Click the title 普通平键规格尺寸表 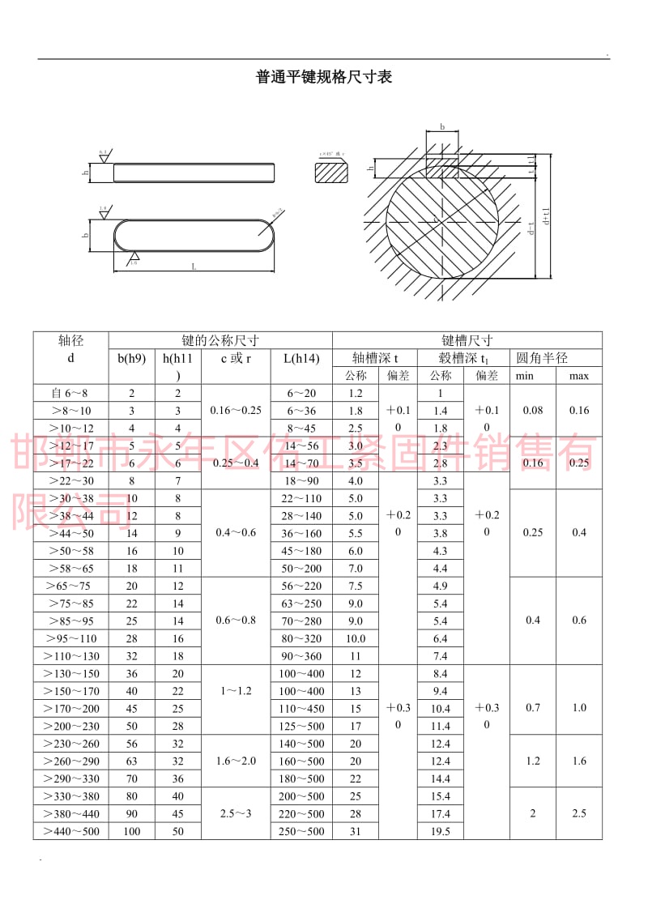point(324,78)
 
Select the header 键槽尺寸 point(467,340)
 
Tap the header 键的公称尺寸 point(220,340)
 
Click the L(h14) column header point(301,358)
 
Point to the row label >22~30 point(71,480)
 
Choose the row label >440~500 point(71,831)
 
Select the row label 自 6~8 point(71,393)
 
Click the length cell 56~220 point(301,586)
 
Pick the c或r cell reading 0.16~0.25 point(236,410)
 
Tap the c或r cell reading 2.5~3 point(236,813)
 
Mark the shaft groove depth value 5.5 point(355,533)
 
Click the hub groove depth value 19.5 point(440,831)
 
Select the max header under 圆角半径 point(578,376)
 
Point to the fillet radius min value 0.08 point(532,410)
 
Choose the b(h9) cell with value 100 point(131,831)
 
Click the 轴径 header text point(71,340)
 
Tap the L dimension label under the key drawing point(194,266)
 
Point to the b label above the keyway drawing point(442,127)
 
